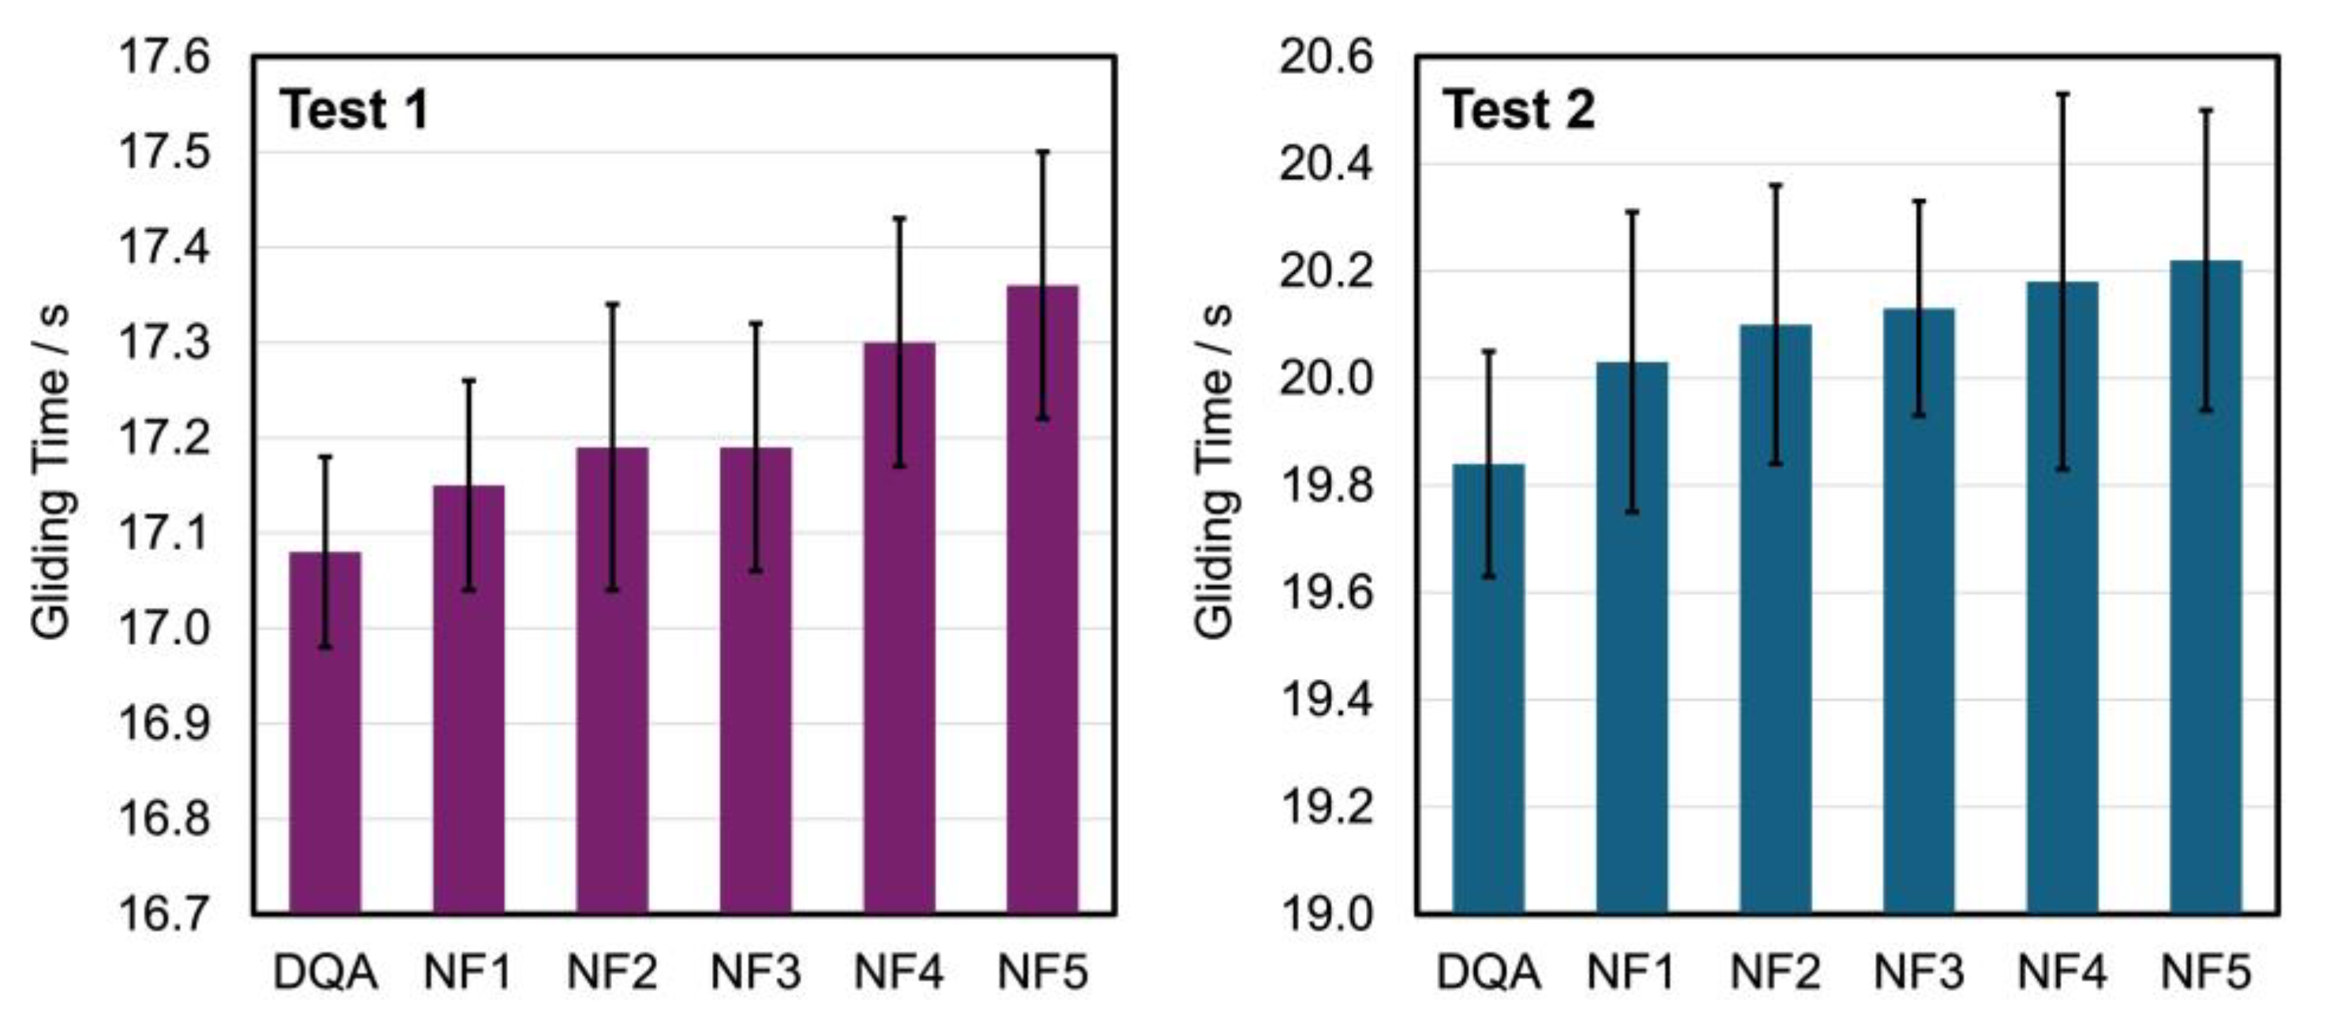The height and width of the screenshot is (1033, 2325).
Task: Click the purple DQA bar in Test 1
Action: pos(325,766)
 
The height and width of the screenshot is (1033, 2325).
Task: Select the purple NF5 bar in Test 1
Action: pos(1043,632)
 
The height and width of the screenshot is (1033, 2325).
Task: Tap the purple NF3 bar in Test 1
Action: pos(756,703)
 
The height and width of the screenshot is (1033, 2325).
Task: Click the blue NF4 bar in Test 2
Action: pos(2062,632)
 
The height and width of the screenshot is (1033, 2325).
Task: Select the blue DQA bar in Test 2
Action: pos(1488,722)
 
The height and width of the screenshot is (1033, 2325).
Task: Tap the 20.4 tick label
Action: pos(1325,164)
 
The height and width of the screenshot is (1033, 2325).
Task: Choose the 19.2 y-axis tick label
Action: pos(1325,807)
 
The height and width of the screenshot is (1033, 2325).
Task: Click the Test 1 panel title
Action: pos(354,110)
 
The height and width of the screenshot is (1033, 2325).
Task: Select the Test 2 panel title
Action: pos(1518,110)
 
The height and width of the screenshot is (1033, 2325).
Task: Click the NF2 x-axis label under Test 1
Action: pos(611,972)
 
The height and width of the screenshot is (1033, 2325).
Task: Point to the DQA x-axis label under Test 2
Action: pos(1488,972)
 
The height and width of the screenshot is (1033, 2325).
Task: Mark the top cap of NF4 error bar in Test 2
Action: pos(2062,93)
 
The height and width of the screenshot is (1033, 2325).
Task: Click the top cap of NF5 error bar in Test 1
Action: pos(1043,151)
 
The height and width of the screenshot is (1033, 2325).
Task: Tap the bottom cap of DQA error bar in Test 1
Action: pos(325,647)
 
